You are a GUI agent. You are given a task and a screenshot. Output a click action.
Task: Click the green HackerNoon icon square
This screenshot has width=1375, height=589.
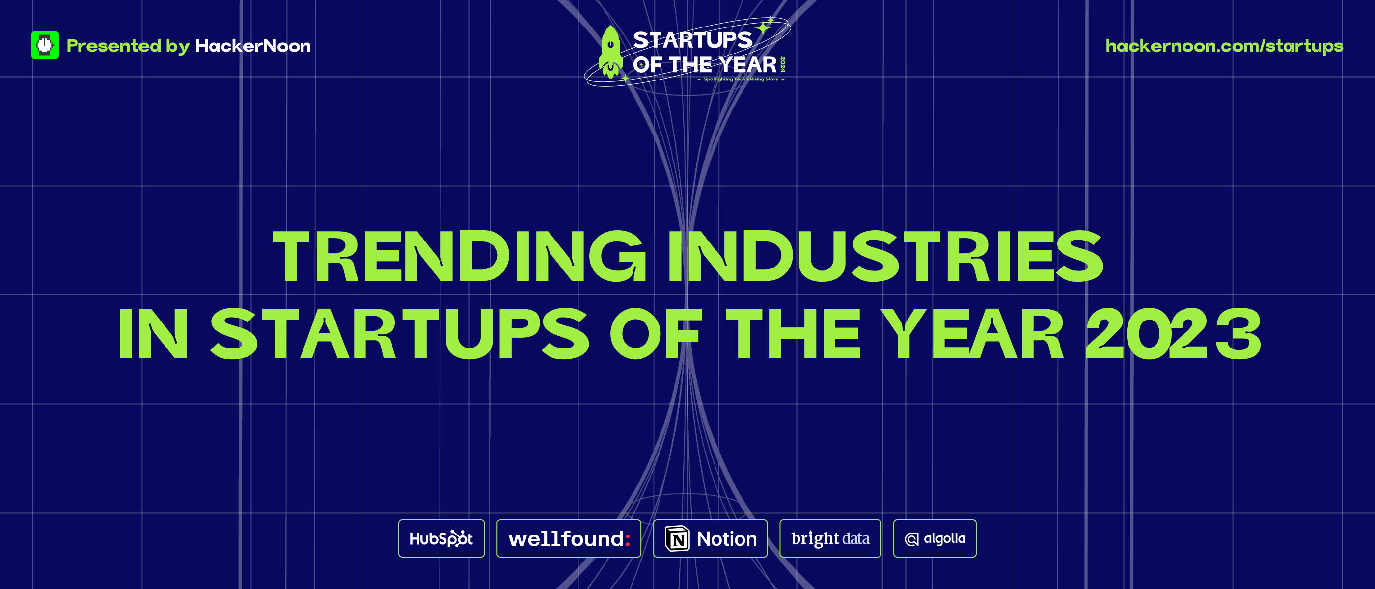[x=45, y=45]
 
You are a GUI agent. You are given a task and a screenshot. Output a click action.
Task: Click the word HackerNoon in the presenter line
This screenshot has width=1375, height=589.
[x=253, y=46]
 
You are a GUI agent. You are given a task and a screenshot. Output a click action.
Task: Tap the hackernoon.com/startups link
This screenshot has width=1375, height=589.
[x=1224, y=46]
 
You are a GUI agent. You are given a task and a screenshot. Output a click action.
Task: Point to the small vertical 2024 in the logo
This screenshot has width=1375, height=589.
[x=782, y=65]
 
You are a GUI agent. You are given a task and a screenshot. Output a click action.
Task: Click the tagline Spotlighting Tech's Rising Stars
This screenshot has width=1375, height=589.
[x=741, y=80]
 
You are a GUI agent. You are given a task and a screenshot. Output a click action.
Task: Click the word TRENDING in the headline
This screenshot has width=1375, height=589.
[x=459, y=256]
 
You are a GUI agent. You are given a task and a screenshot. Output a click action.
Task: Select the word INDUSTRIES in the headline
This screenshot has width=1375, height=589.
[x=885, y=256]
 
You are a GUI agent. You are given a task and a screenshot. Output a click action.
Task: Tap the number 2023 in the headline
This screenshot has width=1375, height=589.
[x=1173, y=333]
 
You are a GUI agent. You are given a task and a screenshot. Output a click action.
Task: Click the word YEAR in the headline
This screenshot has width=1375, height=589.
[x=972, y=333]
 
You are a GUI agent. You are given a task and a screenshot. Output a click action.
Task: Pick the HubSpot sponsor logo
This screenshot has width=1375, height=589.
[x=441, y=538]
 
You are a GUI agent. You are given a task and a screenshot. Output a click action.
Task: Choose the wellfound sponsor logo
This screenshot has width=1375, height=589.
[x=569, y=538]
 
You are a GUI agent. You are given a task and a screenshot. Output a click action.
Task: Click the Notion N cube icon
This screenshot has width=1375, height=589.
[x=677, y=538]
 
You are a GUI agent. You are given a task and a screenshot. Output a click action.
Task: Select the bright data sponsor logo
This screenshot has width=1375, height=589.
[x=830, y=538]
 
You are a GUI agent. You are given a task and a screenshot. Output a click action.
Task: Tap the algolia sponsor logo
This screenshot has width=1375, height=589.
[x=935, y=538]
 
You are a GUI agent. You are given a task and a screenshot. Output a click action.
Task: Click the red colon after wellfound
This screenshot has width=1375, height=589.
[x=628, y=539]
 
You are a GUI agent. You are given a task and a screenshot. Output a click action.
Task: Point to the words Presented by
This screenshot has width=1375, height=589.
[x=128, y=46]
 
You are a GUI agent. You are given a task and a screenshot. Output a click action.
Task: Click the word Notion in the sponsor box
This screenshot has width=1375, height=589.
[x=726, y=539]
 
